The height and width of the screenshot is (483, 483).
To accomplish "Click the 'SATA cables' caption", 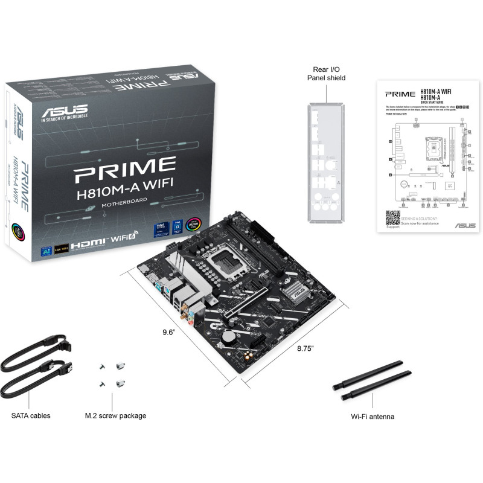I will pos(31,415).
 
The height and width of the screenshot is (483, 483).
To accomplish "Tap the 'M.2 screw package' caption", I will pos(115,415).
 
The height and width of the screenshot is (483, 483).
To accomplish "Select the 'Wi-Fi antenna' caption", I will pos(373,417).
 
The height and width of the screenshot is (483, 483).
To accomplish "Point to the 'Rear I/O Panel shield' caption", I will pos(326,74).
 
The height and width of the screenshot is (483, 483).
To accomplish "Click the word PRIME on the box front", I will pos(124,164).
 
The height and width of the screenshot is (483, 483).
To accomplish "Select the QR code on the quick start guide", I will pos(393,218).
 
